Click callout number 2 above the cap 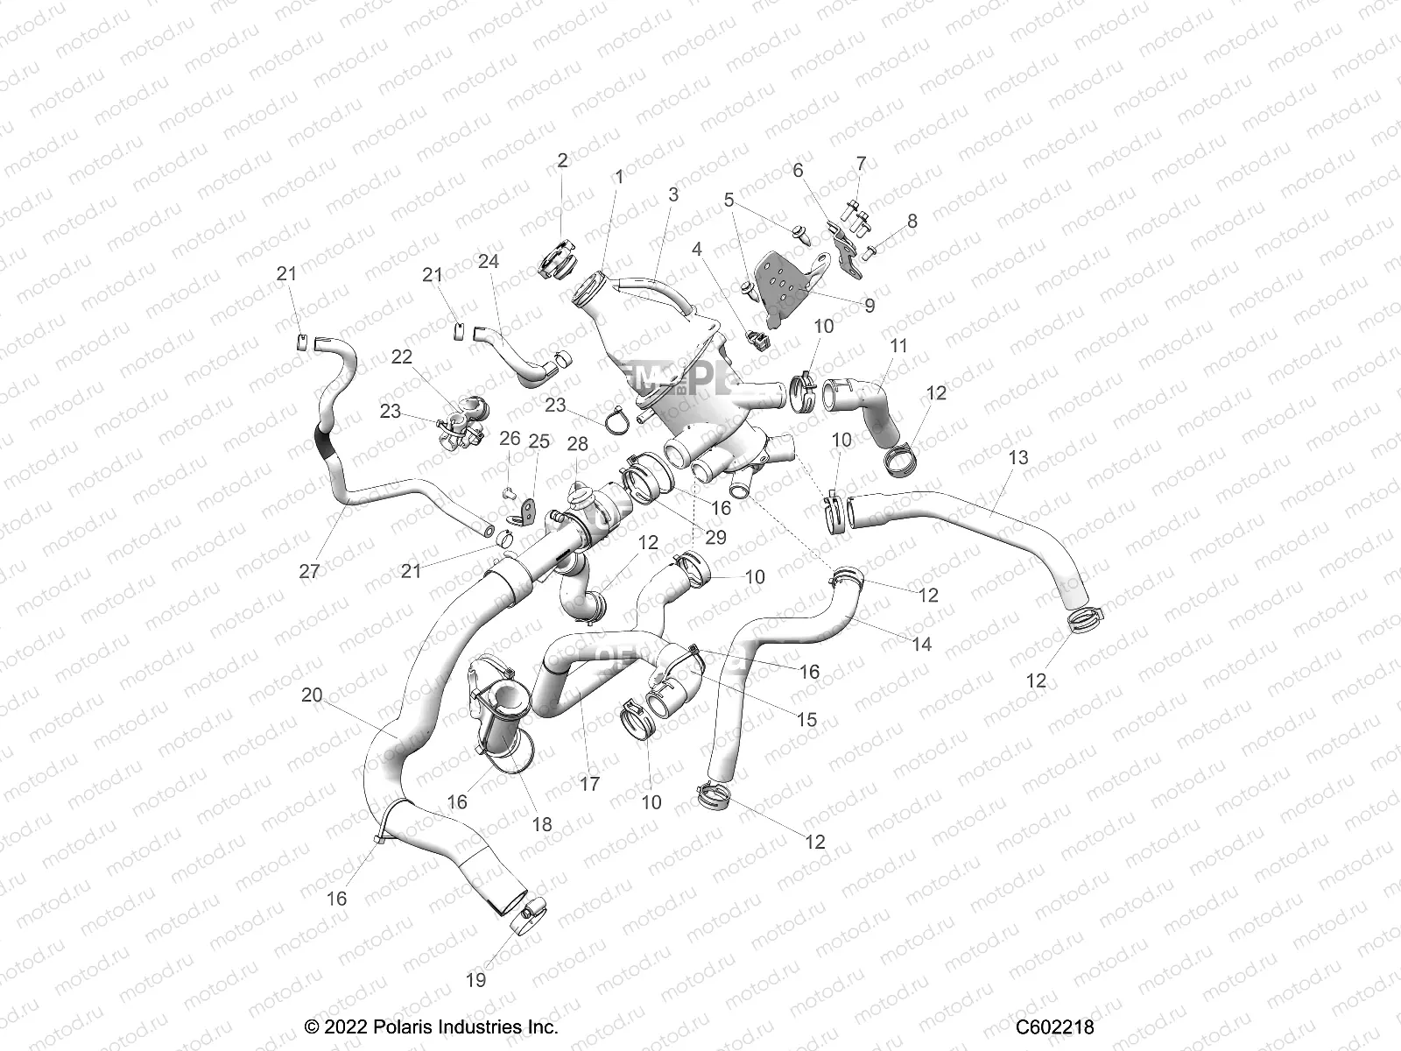(562, 160)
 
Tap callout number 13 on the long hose (1018, 457)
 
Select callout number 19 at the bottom (475, 980)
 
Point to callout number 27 (309, 571)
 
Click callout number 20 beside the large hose (312, 695)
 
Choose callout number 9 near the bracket (869, 306)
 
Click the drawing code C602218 (1055, 1026)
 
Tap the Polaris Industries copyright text (431, 1026)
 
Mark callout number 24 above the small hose (488, 261)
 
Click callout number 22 (402, 356)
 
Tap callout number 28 (578, 444)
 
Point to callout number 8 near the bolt (912, 221)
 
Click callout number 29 (715, 537)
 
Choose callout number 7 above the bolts (861, 164)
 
